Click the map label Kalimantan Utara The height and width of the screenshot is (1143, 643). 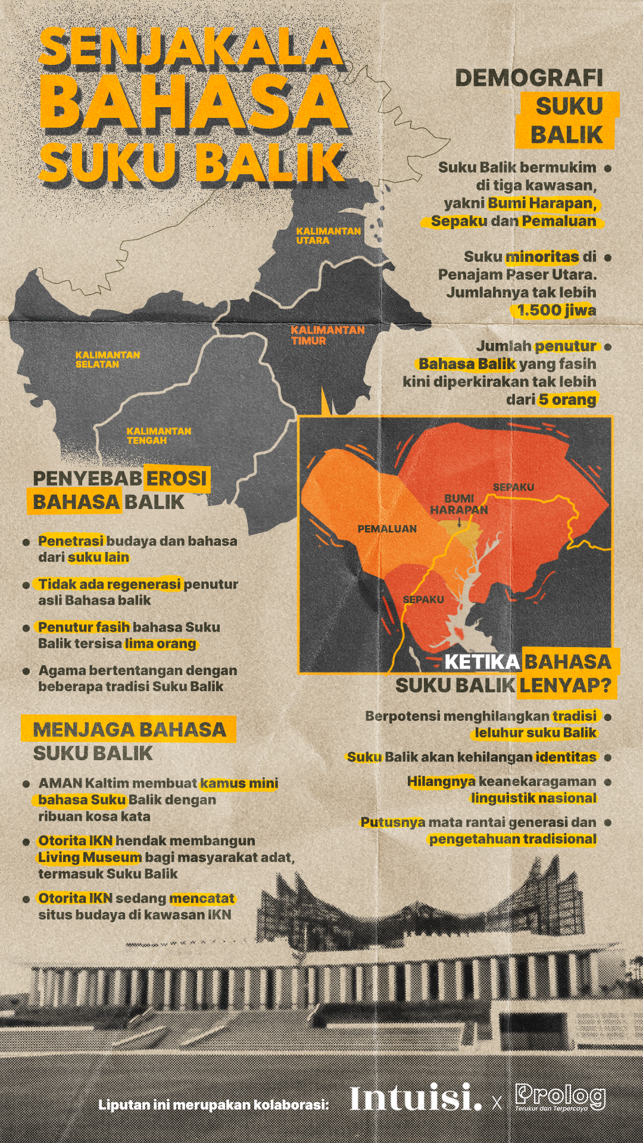pyautogui.click(x=328, y=235)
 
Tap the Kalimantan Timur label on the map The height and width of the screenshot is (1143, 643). pyautogui.click(x=327, y=335)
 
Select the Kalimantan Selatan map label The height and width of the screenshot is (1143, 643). pyautogui.click(x=107, y=359)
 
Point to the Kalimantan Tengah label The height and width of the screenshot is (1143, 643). pyautogui.click(x=158, y=435)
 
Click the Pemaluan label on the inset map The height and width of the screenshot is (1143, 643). pyautogui.click(x=387, y=529)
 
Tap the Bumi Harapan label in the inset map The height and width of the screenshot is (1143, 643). pyautogui.click(x=458, y=504)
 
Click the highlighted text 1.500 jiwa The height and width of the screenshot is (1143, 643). pyautogui.click(x=555, y=310)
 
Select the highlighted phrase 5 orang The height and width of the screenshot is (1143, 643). pyautogui.click(x=567, y=399)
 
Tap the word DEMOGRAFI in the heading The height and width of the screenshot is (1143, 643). pyautogui.click(x=529, y=78)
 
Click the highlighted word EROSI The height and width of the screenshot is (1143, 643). pyautogui.click(x=176, y=478)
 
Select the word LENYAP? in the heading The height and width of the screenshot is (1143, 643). pyautogui.click(x=565, y=686)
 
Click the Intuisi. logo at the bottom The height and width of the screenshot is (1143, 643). pyautogui.click(x=415, y=1098)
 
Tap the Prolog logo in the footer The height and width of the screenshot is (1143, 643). pyautogui.click(x=560, y=1097)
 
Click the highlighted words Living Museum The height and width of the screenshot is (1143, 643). pyautogui.click(x=89, y=857)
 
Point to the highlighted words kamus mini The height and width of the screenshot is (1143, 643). pyautogui.click(x=239, y=783)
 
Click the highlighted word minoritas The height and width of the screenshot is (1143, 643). pyautogui.click(x=542, y=257)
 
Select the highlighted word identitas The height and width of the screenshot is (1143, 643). pyautogui.click(x=566, y=757)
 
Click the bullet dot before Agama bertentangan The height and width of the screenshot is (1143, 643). pyautogui.click(x=26, y=671)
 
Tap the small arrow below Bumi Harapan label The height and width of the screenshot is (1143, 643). pyautogui.click(x=459, y=522)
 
